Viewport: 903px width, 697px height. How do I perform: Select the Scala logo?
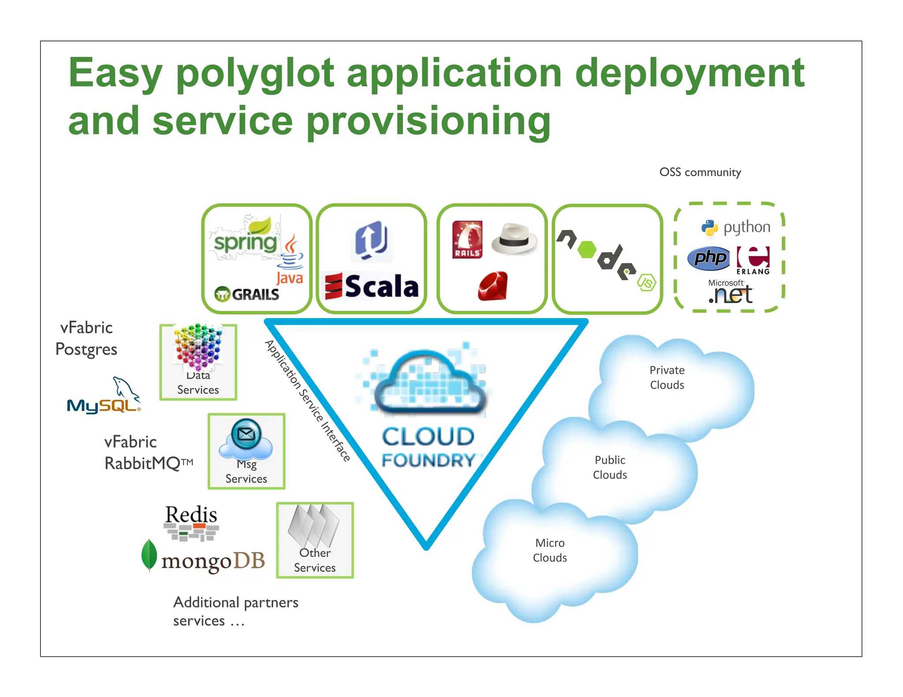pos(372,286)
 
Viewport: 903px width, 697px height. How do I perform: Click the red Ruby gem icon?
pos(493,286)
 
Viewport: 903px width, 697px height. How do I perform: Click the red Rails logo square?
pos(467,239)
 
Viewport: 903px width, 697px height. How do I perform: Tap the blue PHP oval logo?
pos(709,258)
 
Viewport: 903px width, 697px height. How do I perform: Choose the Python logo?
pos(736,227)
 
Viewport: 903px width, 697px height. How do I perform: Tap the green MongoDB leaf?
pos(149,555)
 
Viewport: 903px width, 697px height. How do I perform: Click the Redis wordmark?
pos(191,515)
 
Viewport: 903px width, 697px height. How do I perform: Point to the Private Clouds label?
pos(667,377)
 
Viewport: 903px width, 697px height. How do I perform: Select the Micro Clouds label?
pos(549,550)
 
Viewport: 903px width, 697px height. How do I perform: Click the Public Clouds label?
pos(610,467)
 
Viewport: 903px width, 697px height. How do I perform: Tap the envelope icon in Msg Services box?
pos(246,434)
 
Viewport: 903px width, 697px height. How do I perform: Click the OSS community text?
pos(700,172)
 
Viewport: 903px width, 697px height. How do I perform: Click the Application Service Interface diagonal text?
pos(307,400)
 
